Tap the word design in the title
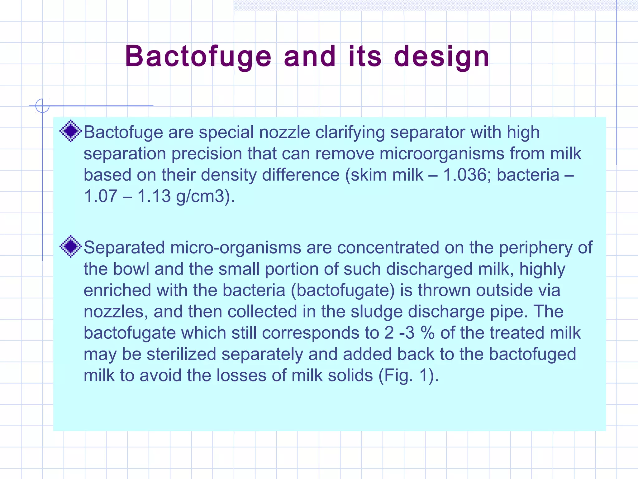(441, 57)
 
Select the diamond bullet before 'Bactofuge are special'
(71, 131)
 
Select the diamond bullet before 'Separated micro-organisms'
(71, 246)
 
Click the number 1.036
(465, 175)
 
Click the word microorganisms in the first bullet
(442, 154)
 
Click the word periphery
(535, 248)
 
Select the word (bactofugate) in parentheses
(343, 290)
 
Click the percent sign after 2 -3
(427, 333)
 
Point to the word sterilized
(181, 354)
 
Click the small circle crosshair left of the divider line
(42, 106)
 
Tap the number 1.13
(154, 196)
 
